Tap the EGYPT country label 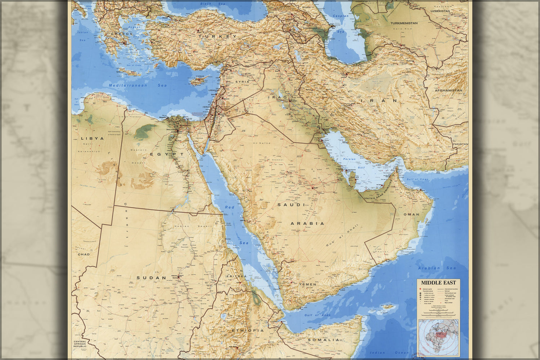[x=167, y=154]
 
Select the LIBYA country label [x=92, y=138]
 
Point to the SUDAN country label [x=151, y=278]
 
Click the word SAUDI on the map [x=291, y=204]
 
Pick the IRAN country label [x=382, y=101]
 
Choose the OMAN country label [x=411, y=214]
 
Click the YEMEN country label [x=307, y=284]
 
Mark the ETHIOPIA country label [x=247, y=330]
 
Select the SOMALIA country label [x=323, y=339]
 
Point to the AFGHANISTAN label [x=448, y=90]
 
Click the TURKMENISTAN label [x=404, y=23]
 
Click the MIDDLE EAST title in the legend [x=438, y=283]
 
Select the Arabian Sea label [x=437, y=268]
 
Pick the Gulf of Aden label [x=317, y=315]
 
